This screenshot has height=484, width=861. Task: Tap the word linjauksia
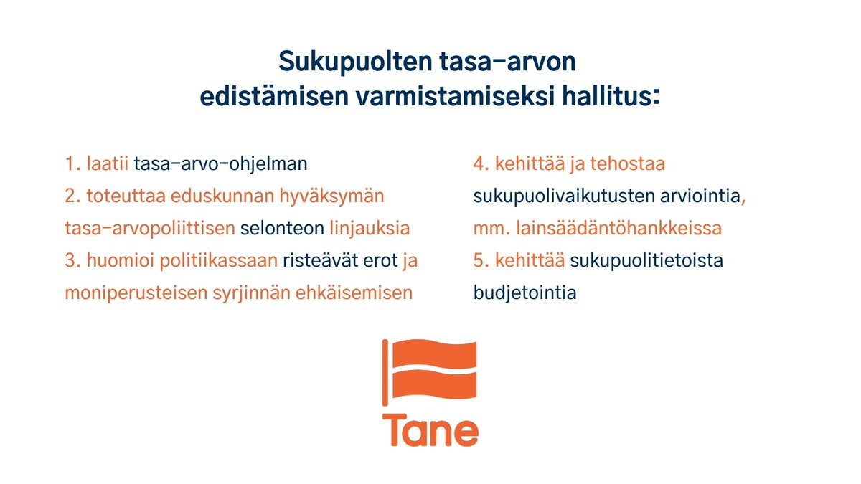370,229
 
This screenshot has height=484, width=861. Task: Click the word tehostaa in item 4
628,163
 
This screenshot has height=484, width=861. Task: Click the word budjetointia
524,293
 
